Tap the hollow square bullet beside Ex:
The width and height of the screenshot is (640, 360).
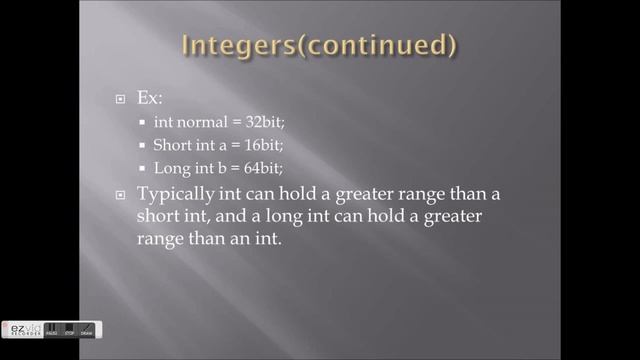[x=119, y=101]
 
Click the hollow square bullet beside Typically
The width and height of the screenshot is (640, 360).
[x=119, y=194]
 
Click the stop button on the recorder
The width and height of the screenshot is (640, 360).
[x=71, y=330]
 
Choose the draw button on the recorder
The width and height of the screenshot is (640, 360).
[x=88, y=330]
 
